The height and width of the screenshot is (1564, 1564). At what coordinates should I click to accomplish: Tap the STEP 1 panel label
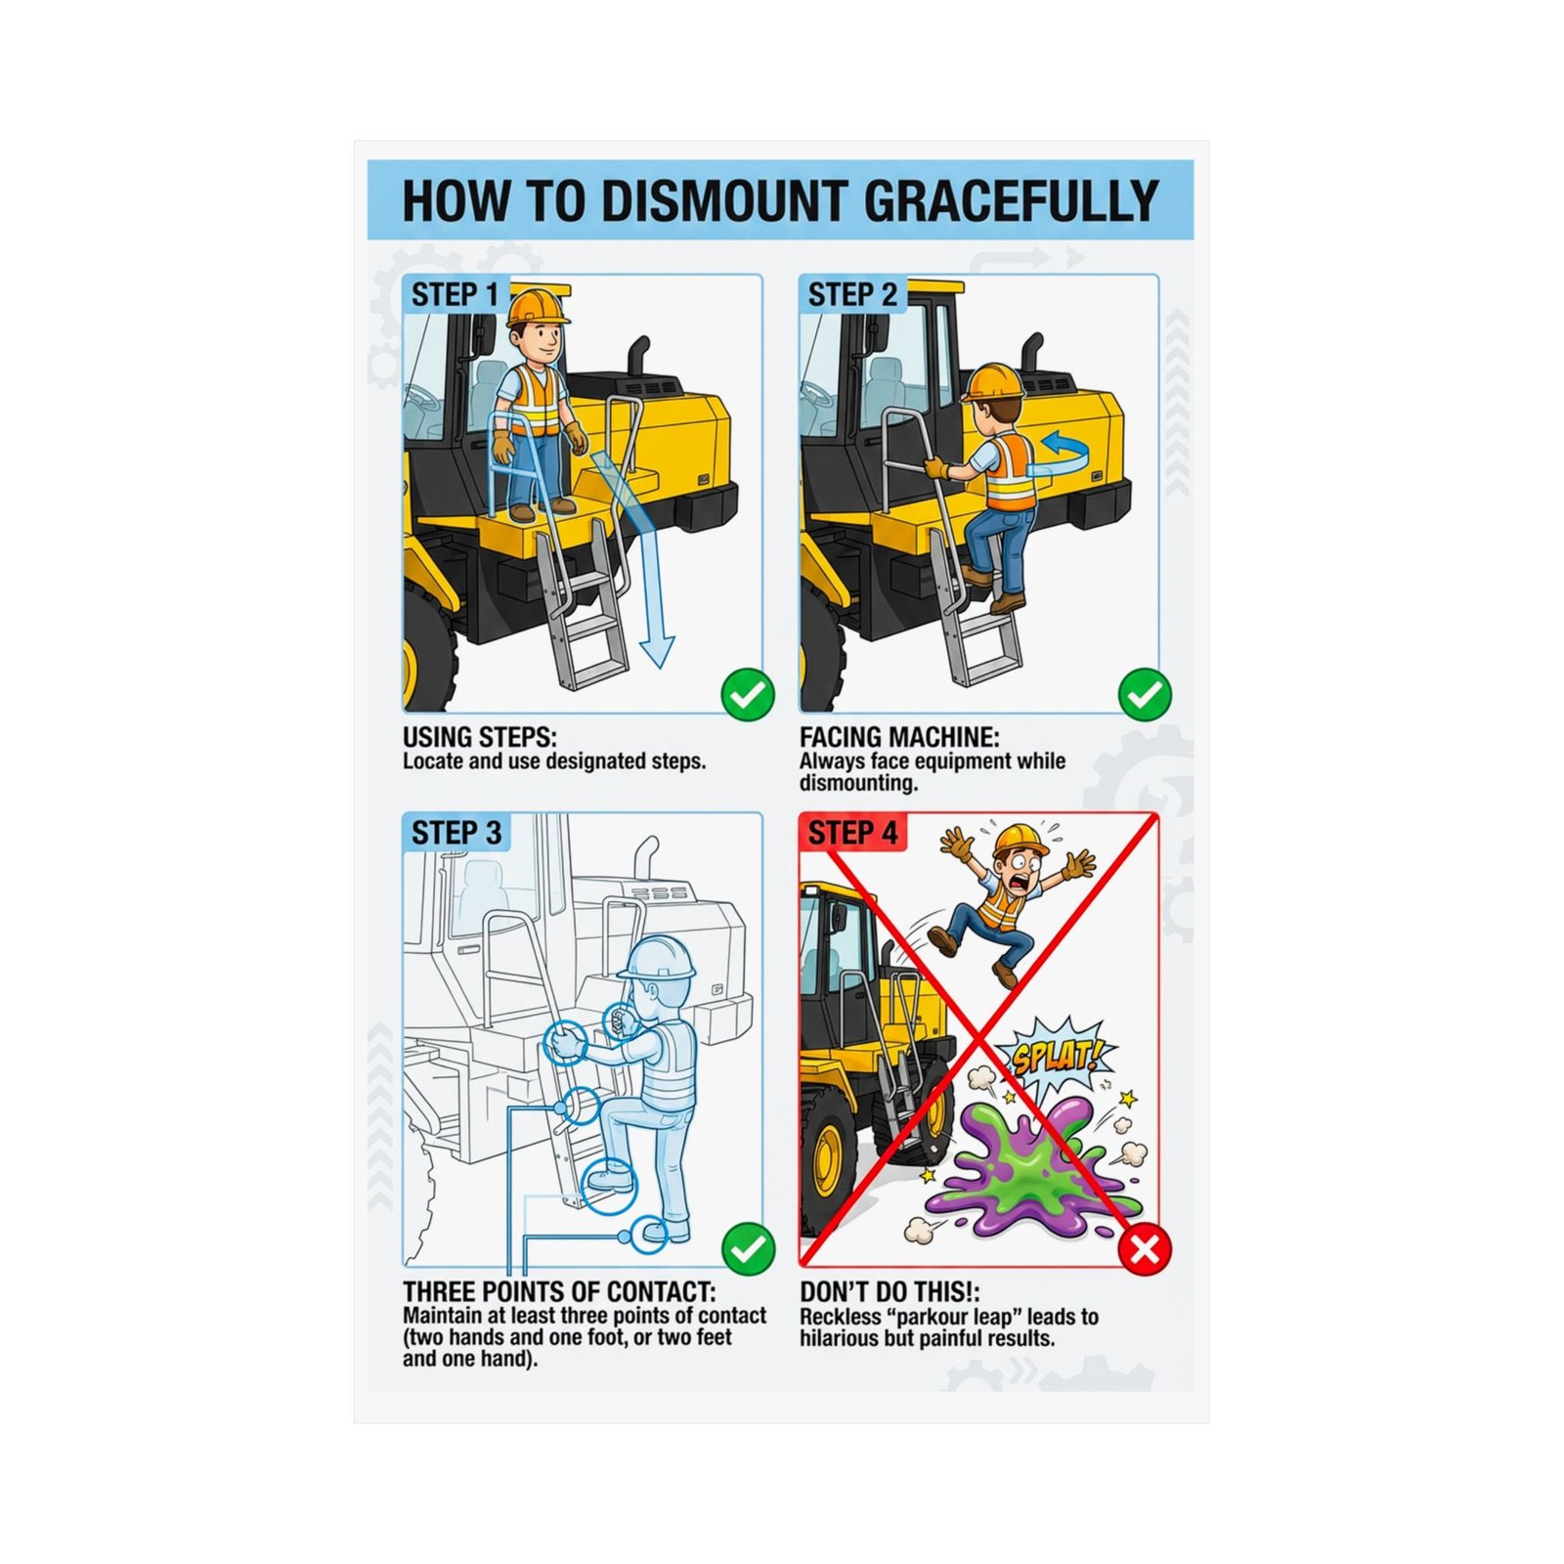coord(455,294)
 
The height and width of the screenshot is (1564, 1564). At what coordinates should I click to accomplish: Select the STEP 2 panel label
coord(852,294)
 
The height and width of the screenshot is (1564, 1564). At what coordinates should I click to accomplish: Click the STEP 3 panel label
coord(456,833)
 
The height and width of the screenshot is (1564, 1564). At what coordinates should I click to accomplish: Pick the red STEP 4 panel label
coord(852,833)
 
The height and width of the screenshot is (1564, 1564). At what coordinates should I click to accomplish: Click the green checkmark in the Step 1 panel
coord(748,694)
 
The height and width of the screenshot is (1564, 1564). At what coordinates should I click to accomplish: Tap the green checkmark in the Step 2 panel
coord(1145,694)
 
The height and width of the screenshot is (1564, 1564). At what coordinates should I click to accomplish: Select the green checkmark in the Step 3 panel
coord(748,1248)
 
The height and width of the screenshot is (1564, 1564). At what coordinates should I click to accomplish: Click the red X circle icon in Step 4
coord(1145,1248)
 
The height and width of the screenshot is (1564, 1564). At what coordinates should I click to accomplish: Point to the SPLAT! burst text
coord(1056,1057)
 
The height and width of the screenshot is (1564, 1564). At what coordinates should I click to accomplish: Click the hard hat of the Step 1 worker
coord(536,305)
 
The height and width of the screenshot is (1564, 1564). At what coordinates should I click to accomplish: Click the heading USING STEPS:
coord(479,737)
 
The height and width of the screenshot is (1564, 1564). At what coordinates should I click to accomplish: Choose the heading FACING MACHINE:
coord(899,737)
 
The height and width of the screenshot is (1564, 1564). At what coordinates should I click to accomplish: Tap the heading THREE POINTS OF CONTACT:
coord(559,1292)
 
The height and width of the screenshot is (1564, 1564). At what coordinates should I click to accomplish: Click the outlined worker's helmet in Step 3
coord(658,958)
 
